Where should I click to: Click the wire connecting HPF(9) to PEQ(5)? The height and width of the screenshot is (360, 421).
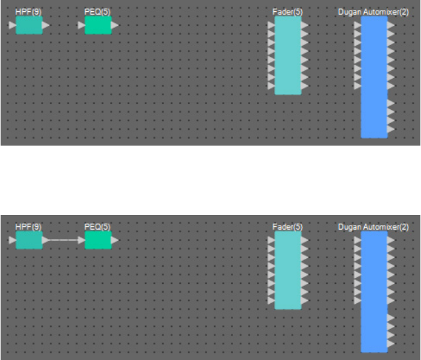64,240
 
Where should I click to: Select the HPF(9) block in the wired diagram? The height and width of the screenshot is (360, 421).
29,240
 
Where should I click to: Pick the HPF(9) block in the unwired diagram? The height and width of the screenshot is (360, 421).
29,25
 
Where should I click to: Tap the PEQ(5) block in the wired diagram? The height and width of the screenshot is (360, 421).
98,240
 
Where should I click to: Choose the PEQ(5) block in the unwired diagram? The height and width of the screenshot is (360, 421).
98,25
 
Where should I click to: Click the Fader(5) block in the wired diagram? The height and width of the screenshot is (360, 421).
288,270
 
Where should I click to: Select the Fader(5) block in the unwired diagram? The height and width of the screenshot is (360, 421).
288,56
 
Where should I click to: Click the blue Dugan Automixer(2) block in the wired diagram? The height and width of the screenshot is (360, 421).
374,291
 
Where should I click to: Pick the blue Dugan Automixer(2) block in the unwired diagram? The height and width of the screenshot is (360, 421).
374,77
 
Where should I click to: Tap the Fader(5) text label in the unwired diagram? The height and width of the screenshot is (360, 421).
288,12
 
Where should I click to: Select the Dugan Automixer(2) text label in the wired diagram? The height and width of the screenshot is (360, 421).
373,226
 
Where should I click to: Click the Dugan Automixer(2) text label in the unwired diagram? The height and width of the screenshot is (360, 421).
373,12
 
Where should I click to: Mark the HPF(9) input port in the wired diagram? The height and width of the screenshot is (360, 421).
13,240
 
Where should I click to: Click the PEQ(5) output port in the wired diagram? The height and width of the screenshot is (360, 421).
115,240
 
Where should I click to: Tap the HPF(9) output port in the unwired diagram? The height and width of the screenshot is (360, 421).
46,25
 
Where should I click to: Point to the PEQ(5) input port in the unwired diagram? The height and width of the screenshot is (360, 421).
81,25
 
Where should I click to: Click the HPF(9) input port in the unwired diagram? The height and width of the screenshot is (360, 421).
13,25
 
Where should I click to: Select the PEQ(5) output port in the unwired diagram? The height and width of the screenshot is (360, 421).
115,25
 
